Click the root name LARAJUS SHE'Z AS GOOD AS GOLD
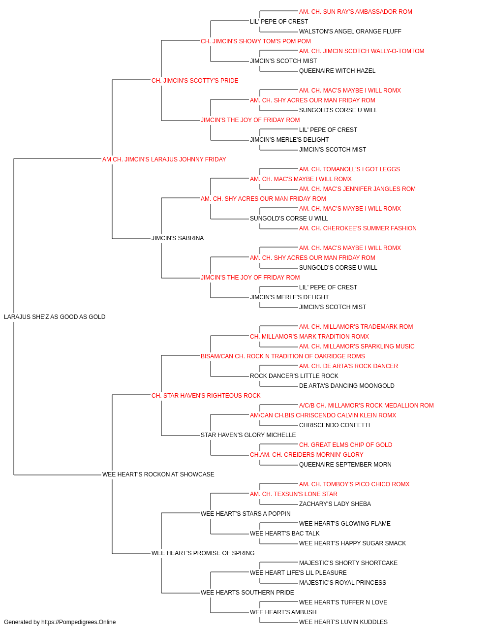(55, 317)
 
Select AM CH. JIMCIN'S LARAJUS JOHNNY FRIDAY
(164, 159)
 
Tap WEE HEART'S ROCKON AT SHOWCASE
(158, 474)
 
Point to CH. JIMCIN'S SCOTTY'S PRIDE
(195, 81)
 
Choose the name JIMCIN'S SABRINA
(178, 238)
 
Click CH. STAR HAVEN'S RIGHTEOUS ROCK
(206, 395)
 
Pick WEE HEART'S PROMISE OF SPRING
(203, 553)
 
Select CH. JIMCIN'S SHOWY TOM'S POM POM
(256, 41)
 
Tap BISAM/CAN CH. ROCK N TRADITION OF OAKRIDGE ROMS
(283, 356)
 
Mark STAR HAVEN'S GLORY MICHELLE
(248, 435)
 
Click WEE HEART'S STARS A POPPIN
(246, 513)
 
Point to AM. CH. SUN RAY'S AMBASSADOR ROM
(356, 12)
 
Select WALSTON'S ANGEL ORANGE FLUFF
(350, 31)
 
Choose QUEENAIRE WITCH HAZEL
(338, 71)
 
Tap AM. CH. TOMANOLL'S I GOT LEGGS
(349, 169)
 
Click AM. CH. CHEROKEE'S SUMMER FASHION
(358, 228)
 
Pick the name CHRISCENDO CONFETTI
(335, 425)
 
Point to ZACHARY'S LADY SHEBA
(335, 504)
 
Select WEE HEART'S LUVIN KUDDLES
(343, 622)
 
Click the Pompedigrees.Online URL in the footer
(79, 622)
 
